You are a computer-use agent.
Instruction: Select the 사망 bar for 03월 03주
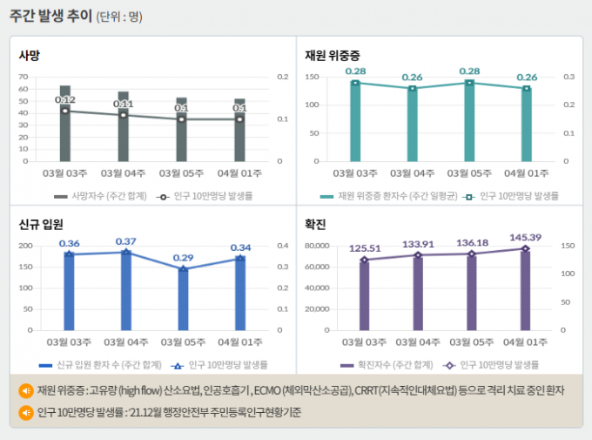65,123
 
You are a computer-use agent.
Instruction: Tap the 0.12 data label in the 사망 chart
65,100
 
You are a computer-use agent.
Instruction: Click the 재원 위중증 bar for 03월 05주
470,122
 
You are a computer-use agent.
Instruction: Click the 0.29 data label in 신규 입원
183,258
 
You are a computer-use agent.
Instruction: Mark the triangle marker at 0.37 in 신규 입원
126,252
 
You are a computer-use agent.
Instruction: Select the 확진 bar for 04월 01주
525,290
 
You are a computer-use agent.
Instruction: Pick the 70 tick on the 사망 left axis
24,77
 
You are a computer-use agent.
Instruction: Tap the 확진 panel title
315,224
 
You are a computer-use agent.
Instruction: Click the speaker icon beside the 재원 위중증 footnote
26,390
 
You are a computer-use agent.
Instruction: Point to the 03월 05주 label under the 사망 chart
182,173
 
